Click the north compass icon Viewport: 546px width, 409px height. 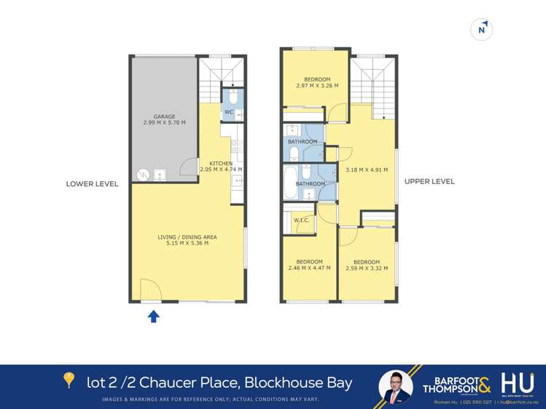(482, 29)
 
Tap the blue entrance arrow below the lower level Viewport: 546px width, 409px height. (154, 316)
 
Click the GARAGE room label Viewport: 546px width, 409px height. (164, 116)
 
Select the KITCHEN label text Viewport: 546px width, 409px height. (221, 163)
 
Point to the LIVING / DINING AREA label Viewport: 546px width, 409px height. (187, 237)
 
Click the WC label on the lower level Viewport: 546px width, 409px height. (228, 112)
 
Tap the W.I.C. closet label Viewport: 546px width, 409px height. (302, 220)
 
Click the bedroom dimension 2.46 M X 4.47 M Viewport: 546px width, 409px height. (309, 268)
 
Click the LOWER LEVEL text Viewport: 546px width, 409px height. (92, 184)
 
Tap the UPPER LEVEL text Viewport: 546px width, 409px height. (430, 181)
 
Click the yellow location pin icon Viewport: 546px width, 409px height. (69, 379)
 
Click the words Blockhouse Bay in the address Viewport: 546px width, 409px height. (298, 382)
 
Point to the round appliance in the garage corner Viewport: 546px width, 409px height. (144, 174)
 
